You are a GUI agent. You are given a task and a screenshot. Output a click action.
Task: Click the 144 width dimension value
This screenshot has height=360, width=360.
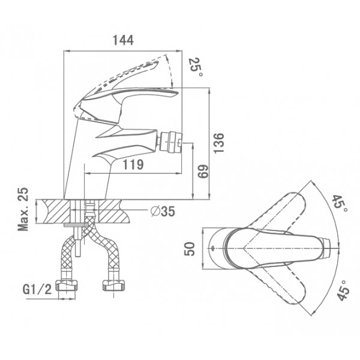coord(123,40)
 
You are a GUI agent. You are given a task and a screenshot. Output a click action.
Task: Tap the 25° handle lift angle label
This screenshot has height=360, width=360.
coord(196,67)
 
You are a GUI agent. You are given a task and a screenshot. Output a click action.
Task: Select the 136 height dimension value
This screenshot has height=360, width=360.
coord(218,143)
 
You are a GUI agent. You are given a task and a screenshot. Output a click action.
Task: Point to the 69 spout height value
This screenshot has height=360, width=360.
coord(203,171)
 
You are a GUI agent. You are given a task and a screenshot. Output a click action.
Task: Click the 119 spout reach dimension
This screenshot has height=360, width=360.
coord(133,164)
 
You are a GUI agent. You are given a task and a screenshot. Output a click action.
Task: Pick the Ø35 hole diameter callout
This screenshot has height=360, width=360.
coord(163,211)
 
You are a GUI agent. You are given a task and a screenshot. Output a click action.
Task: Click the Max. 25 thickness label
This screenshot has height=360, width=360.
coord(23,209)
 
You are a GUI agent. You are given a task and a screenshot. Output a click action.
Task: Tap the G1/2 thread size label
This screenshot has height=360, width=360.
coord(37,290)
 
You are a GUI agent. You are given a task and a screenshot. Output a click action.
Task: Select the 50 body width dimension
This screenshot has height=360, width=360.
coord(190,249)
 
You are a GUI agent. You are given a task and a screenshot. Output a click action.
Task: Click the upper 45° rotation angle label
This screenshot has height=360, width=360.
coord(340,203)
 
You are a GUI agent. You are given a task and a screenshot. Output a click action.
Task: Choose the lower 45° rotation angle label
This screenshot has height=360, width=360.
coord(343,290)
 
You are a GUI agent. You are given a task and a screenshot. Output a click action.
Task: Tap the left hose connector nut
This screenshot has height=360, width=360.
coord(67,285)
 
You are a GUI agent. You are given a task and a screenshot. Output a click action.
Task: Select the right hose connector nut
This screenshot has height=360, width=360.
coord(113,285)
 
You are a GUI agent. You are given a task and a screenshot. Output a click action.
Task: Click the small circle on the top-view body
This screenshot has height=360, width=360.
coord(212,248)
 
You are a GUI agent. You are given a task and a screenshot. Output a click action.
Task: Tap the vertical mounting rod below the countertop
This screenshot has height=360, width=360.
coord(78,241)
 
